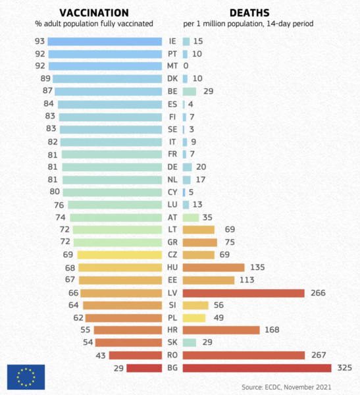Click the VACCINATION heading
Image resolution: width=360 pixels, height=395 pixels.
tap(94, 13)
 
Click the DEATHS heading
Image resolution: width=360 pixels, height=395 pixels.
tap(249, 13)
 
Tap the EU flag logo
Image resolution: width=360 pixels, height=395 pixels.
tap(26, 377)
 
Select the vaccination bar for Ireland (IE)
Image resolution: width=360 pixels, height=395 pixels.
tap(105, 41)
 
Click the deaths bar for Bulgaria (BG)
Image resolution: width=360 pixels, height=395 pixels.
tap(257, 368)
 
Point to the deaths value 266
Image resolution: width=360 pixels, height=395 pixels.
tap(318, 293)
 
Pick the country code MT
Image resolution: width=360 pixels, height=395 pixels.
tap(172, 66)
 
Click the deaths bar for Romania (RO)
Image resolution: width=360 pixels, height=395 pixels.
tap(244, 355)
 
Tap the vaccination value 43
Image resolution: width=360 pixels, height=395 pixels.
tap(101, 355)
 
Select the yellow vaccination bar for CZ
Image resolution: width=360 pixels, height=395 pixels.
tap(120, 255)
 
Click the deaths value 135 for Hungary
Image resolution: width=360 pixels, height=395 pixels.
tap(257, 267)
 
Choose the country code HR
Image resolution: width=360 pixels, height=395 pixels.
tap(172, 330)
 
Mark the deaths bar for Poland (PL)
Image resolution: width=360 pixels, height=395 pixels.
tap(194, 318)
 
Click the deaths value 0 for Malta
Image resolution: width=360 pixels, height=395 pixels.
tap(186, 66)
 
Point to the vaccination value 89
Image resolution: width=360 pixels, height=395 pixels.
tap(45, 78)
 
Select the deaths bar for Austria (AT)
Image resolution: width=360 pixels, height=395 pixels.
tap(191, 218)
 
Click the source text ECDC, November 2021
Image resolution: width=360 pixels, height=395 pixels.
tap(297, 387)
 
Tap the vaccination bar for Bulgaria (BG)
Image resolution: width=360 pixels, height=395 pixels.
tap(144, 368)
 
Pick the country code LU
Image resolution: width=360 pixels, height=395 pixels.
tap(172, 205)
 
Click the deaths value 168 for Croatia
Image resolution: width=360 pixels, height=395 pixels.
tap(272, 330)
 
